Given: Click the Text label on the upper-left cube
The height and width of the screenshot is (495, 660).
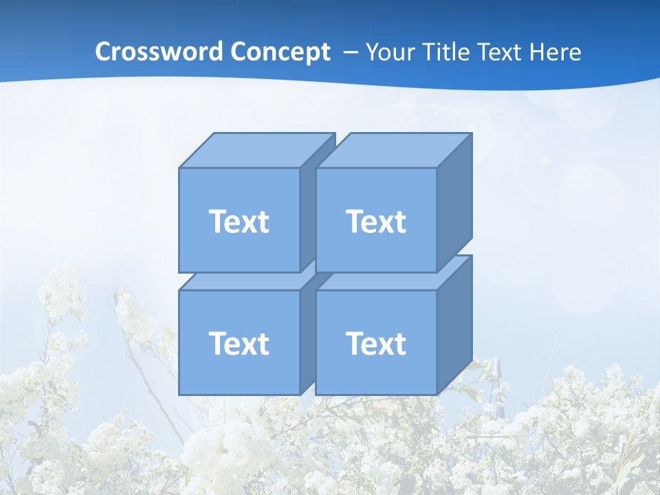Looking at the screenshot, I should point(239,221).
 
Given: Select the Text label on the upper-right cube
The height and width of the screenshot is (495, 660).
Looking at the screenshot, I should point(376,221).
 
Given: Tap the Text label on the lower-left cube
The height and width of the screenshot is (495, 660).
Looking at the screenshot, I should point(239,343).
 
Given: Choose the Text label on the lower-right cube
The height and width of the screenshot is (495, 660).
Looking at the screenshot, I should point(376,343).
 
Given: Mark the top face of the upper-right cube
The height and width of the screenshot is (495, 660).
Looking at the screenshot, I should point(393,150).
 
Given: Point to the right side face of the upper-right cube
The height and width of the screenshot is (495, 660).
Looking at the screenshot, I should point(454,199).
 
